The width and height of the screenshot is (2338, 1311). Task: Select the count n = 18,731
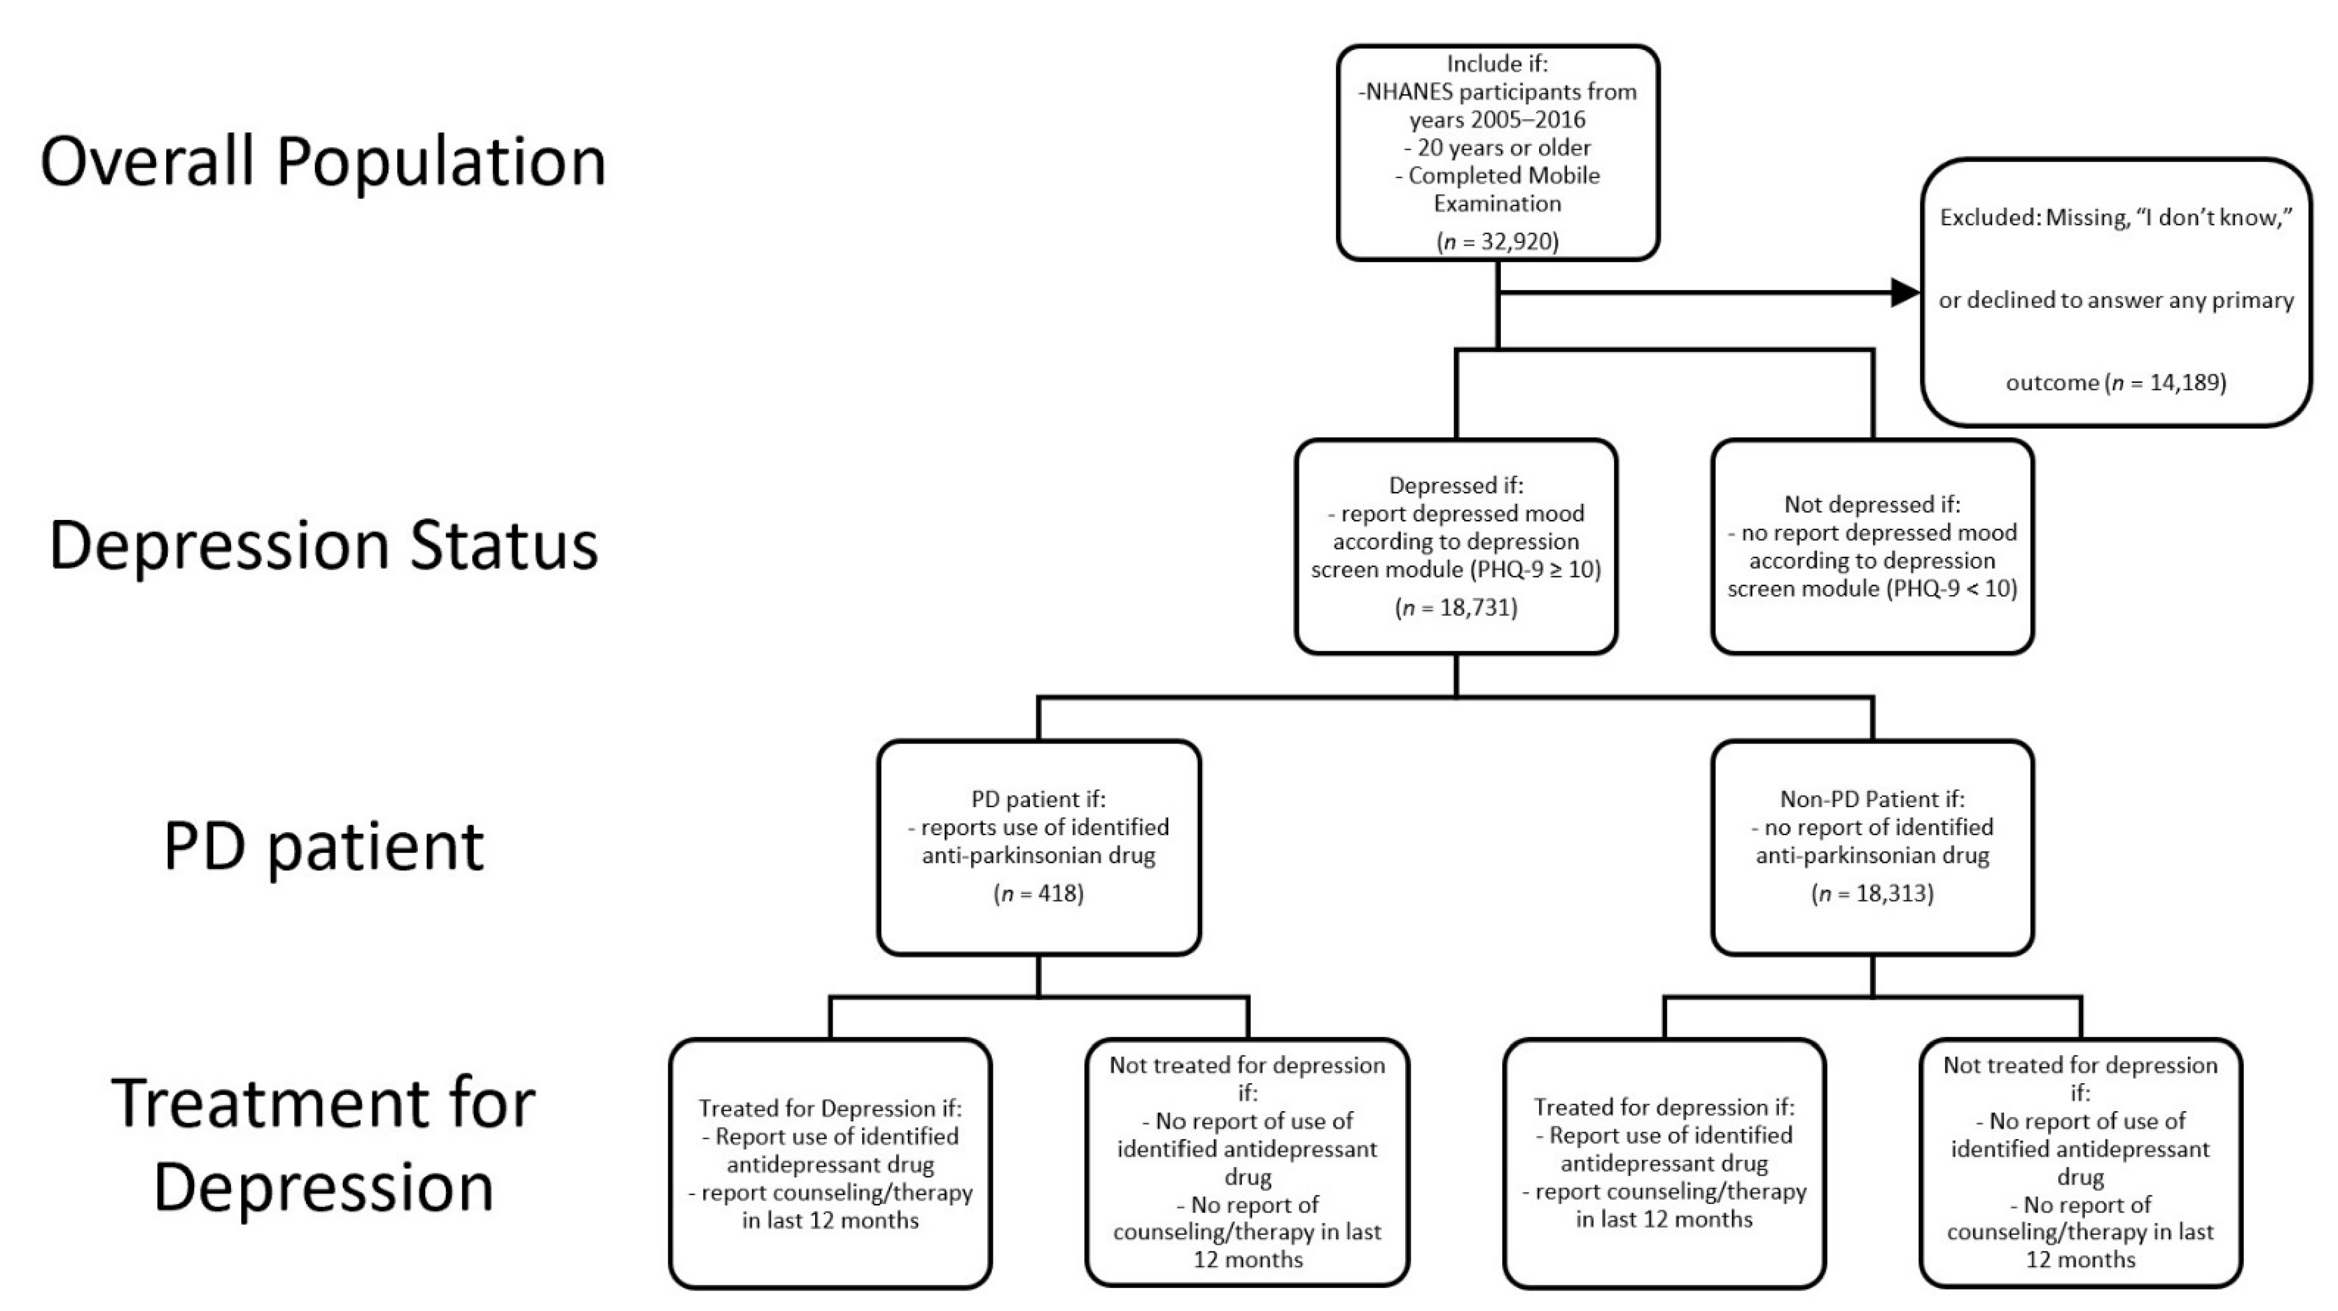tap(1456, 607)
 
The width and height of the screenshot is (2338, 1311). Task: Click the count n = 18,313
tap(1872, 894)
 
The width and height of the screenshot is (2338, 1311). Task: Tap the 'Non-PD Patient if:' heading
tap(1872, 799)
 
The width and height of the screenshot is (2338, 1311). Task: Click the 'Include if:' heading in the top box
tap(1497, 64)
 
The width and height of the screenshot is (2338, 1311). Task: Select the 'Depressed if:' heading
tap(1456, 486)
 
